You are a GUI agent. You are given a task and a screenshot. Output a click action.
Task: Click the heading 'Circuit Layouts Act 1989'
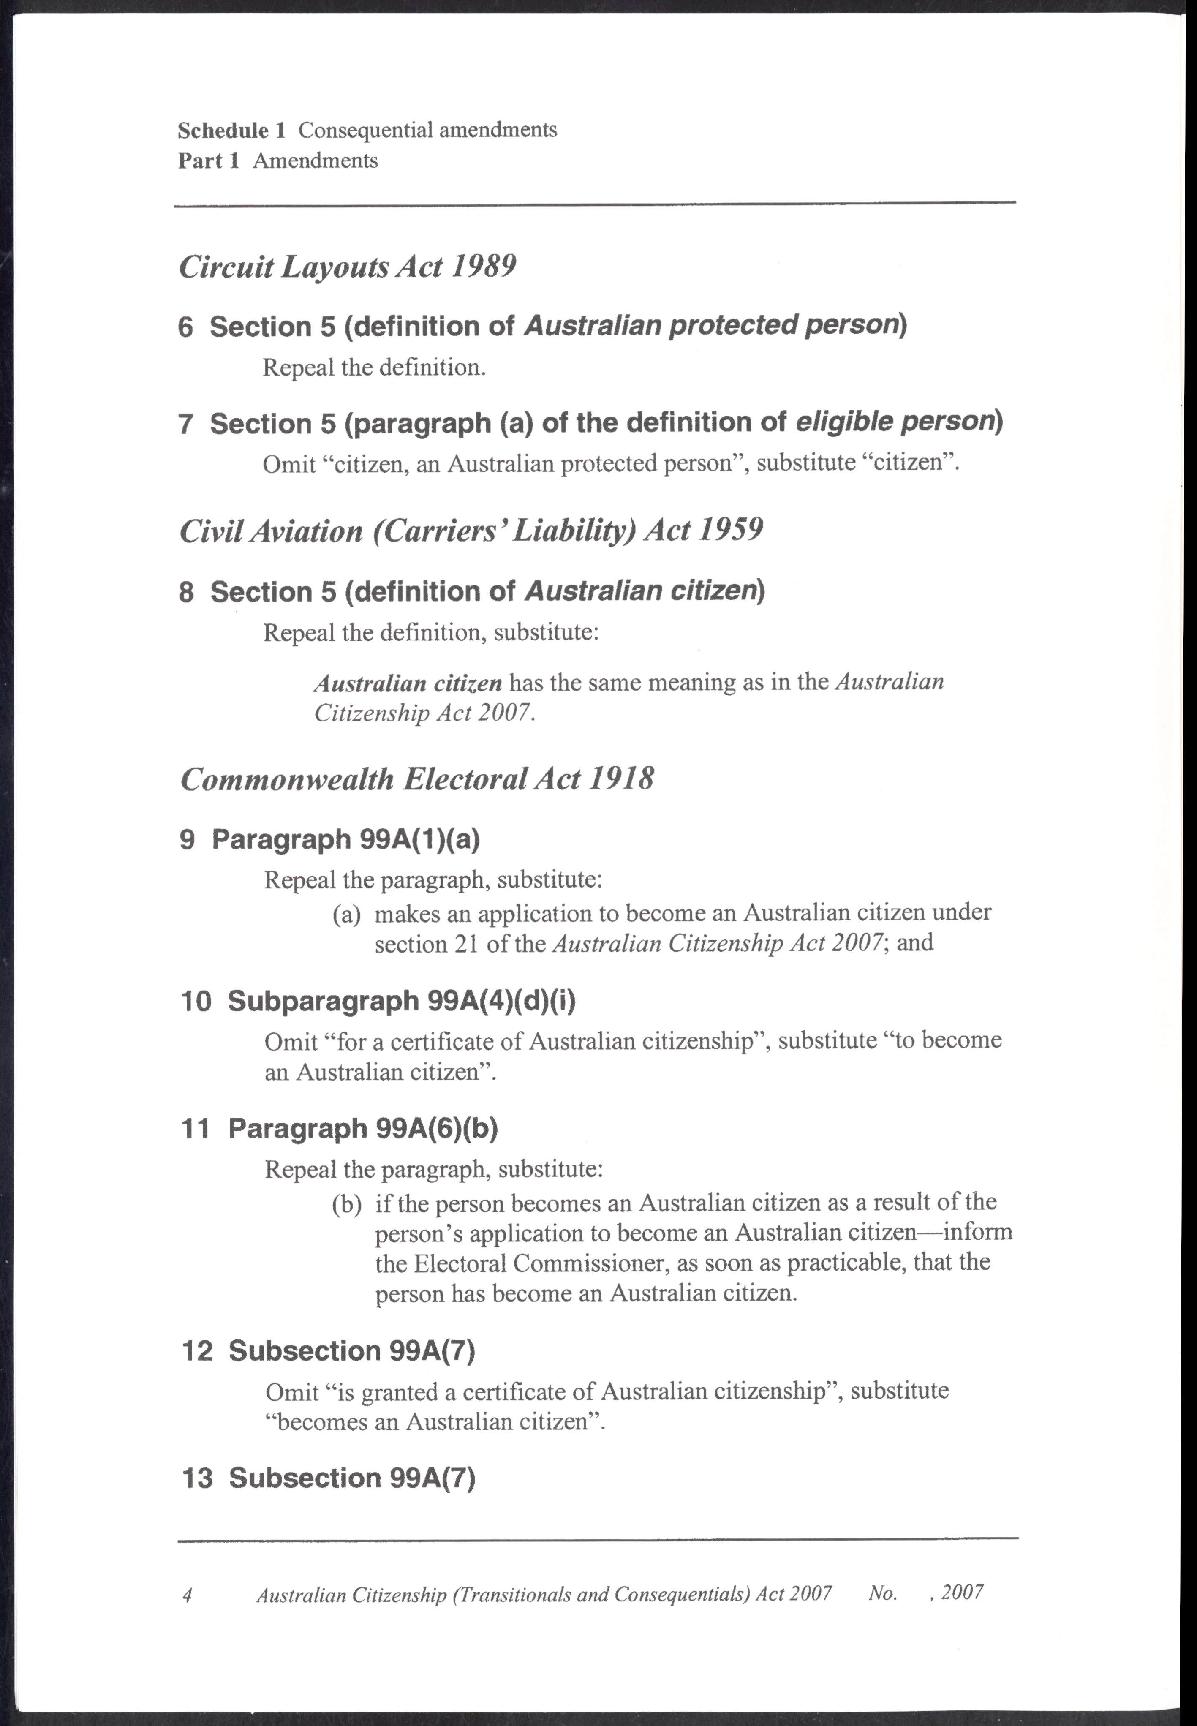pos(347,267)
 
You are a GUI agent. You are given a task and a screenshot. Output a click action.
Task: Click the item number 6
pos(186,327)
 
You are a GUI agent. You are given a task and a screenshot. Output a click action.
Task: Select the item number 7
pos(186,425)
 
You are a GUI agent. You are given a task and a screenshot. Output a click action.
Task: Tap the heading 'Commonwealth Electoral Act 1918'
pos(417,779)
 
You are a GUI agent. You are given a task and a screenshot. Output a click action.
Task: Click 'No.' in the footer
pos(883,1593)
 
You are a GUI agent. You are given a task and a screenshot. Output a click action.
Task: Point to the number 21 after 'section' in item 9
pos(466,944)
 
